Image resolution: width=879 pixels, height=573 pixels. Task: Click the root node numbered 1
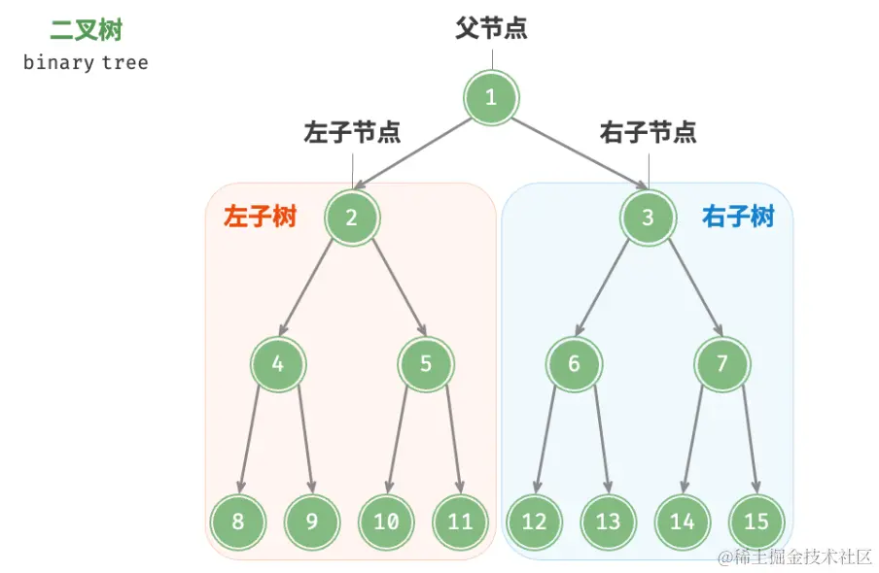(x=491, y=97)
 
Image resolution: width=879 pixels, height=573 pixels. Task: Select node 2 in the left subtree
(x=352, y=218)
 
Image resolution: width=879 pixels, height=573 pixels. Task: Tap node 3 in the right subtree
(x=648, y=218)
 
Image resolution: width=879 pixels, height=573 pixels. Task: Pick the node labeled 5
(x=426, y=364)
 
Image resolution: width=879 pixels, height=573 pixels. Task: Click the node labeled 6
(x=574, y=364)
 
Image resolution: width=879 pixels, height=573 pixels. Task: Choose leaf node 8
(x=238, y=522)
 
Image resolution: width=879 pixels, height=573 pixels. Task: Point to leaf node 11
(x=460, y=522)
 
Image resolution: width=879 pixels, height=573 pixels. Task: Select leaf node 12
(x=534, y=522)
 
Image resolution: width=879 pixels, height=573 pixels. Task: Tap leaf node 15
(x=756, y=522)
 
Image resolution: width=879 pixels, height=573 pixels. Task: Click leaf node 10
(x=386, y=522)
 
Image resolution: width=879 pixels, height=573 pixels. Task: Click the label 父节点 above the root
(x=491, y=28)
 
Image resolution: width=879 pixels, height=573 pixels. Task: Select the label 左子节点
(x=352, y=132)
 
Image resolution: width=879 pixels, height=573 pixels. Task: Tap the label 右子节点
(x=648, y=132)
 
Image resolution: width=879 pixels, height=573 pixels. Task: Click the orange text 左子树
(x=260, y=217)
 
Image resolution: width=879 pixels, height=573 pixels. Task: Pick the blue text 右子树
(x=738, y=217)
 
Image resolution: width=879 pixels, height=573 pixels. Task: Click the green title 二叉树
(x=85, y=30)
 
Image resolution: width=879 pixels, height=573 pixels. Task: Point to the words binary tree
(x=86, y=63)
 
